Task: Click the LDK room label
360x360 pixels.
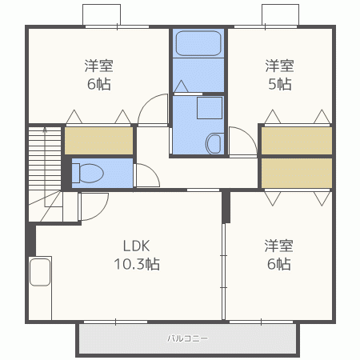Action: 136,246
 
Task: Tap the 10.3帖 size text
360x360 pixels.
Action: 137,264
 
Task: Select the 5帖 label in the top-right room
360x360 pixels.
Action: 280,84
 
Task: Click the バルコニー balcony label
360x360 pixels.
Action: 187,338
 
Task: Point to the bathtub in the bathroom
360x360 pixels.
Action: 198,43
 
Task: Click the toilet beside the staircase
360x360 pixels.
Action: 88,174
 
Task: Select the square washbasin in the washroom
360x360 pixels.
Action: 210,108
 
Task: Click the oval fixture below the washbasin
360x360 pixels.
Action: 214,143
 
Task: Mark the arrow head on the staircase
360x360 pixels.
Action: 45,130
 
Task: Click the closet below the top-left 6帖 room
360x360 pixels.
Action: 99,141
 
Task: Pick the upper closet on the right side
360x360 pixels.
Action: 297,141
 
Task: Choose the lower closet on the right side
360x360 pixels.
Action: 297,173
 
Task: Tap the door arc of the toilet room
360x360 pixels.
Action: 153,170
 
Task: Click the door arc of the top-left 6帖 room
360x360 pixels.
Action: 146,102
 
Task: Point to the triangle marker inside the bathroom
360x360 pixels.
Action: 181,86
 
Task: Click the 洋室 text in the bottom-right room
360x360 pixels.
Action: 278,246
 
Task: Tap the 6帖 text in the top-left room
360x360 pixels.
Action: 99,84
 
